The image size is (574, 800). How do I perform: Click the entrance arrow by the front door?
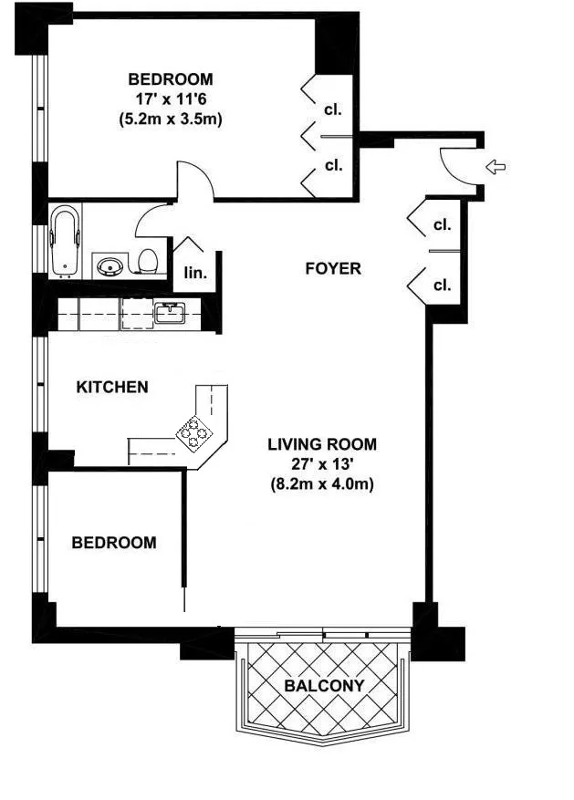(496, 167)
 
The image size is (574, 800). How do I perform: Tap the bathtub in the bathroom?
(65, 242)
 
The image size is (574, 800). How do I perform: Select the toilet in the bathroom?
(147, 262)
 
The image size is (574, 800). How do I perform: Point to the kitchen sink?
(170, 314)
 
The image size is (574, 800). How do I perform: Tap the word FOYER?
(332, 269)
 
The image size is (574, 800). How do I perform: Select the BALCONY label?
(323, 686)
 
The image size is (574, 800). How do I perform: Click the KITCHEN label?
(111, 388)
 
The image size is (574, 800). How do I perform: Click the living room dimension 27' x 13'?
(322, 464)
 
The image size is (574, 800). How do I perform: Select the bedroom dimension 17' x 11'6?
(171, 99)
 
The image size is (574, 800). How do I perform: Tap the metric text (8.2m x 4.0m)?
(322, 484)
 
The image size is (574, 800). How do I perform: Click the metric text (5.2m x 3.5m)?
(171, 119)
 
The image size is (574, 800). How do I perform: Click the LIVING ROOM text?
(322, 444)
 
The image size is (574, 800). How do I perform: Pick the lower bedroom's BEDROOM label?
(114, 543)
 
